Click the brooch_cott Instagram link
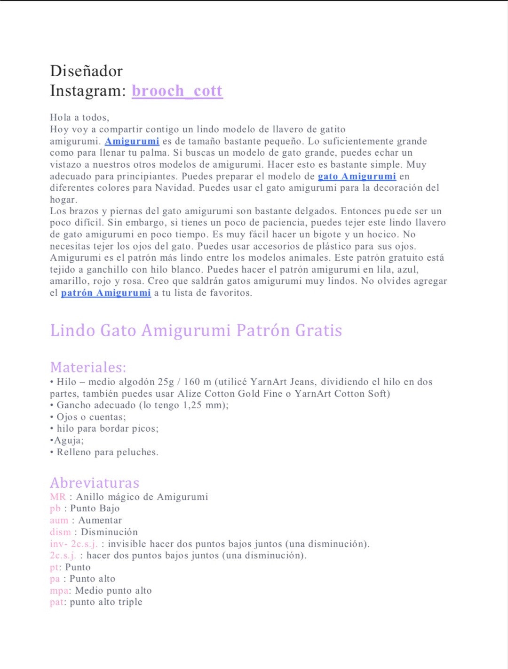pyautogui.click(x=177, y=90)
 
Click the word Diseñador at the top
pyautogui.click(x=86, y=71)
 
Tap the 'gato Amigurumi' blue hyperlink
pyautogui.click(x=357, y=176)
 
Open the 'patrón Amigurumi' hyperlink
pyautogui.click(x=106, y=293)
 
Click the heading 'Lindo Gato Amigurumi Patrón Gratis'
pyautogui.click(x=196, y=330)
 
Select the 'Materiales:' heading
pyautogui.click(x=88, y=367)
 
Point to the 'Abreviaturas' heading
pyautogui.click(x=95, y=483)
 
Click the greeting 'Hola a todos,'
pyautogui.click(x=79, y=117)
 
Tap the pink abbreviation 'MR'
pyautogui.click(x=58, y=497)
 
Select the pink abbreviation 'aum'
pyautogui.click(x=59, y=520)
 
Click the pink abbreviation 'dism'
pyautogui.click(x=60, y=532)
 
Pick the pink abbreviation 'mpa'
pyautogui.click(x=59, y=590)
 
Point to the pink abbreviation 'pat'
pyautogui.click(x=56, y=602)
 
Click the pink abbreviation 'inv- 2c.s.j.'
pyautogui.click(x=74, y=544)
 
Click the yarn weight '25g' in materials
pyautogui.click(x=166, y=382)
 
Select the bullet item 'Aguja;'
pyautogui.click(x=69, y=440)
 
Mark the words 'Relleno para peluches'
pyautogui.click(x=107, y=452)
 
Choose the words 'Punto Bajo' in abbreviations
pyautogui.click(x=95, y=508)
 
